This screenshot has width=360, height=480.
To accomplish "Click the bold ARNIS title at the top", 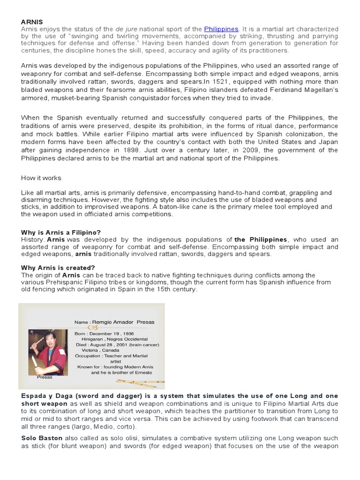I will pos(31,22).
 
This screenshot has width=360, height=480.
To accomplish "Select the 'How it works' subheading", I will pos(41,178).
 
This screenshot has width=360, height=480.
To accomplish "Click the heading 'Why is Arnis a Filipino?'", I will pos(61,232).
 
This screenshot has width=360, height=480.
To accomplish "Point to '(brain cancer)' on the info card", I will pos(143,344).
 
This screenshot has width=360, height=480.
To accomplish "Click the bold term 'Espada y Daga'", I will pos(46,396).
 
